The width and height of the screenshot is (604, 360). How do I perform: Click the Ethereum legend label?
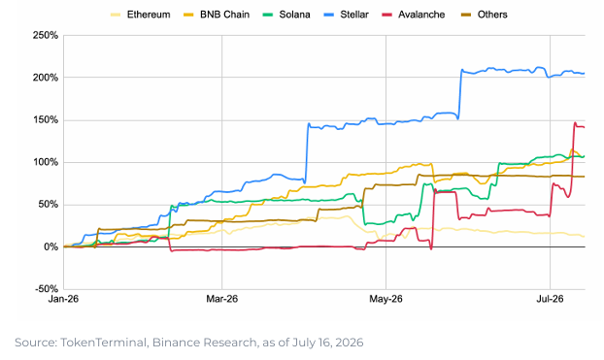click(149, 15)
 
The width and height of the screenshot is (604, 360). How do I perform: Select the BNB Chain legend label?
click(224, 15)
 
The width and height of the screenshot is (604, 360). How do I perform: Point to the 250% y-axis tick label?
click(46, 36)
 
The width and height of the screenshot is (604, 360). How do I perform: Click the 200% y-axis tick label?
click(46, 78)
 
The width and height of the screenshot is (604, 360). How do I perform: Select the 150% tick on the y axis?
click(46, 120)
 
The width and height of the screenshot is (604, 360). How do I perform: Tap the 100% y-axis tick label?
click(46, 162)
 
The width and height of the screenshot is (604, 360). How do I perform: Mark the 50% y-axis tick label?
click(49, 205)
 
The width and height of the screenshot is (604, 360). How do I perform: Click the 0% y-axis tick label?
click(50, 246)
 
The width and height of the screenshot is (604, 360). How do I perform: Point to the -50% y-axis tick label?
click(47, 289)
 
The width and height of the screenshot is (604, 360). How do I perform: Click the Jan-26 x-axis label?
click(63, 299)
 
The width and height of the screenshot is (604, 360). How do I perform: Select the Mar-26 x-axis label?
click(221, 299)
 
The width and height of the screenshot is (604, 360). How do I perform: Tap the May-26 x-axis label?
click(386, 299)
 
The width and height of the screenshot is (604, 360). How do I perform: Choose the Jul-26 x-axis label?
click(550, 299)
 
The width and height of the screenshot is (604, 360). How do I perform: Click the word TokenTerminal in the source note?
click(103, 343)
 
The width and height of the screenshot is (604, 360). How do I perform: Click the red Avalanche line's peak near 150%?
click(575, 123)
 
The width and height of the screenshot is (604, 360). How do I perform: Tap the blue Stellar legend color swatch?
click(329, 15)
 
